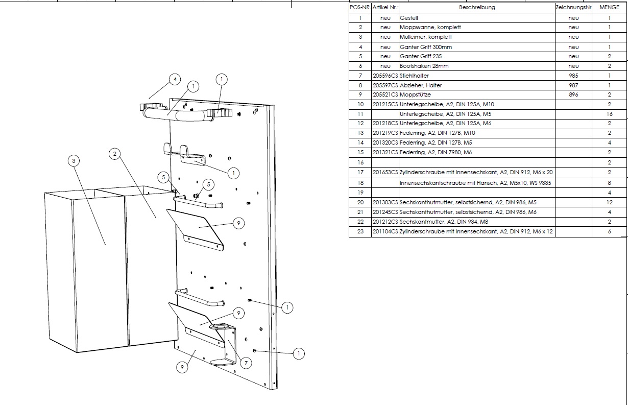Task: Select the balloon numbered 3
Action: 74,161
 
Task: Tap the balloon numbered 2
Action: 115,153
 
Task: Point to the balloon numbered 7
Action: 246,363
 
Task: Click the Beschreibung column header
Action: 477,8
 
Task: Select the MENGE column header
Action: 609,8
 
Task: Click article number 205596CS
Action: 385,76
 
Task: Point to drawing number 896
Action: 573,95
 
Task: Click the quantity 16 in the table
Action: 609,114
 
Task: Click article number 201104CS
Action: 385,232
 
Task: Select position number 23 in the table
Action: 360,232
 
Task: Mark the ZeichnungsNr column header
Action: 573,8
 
